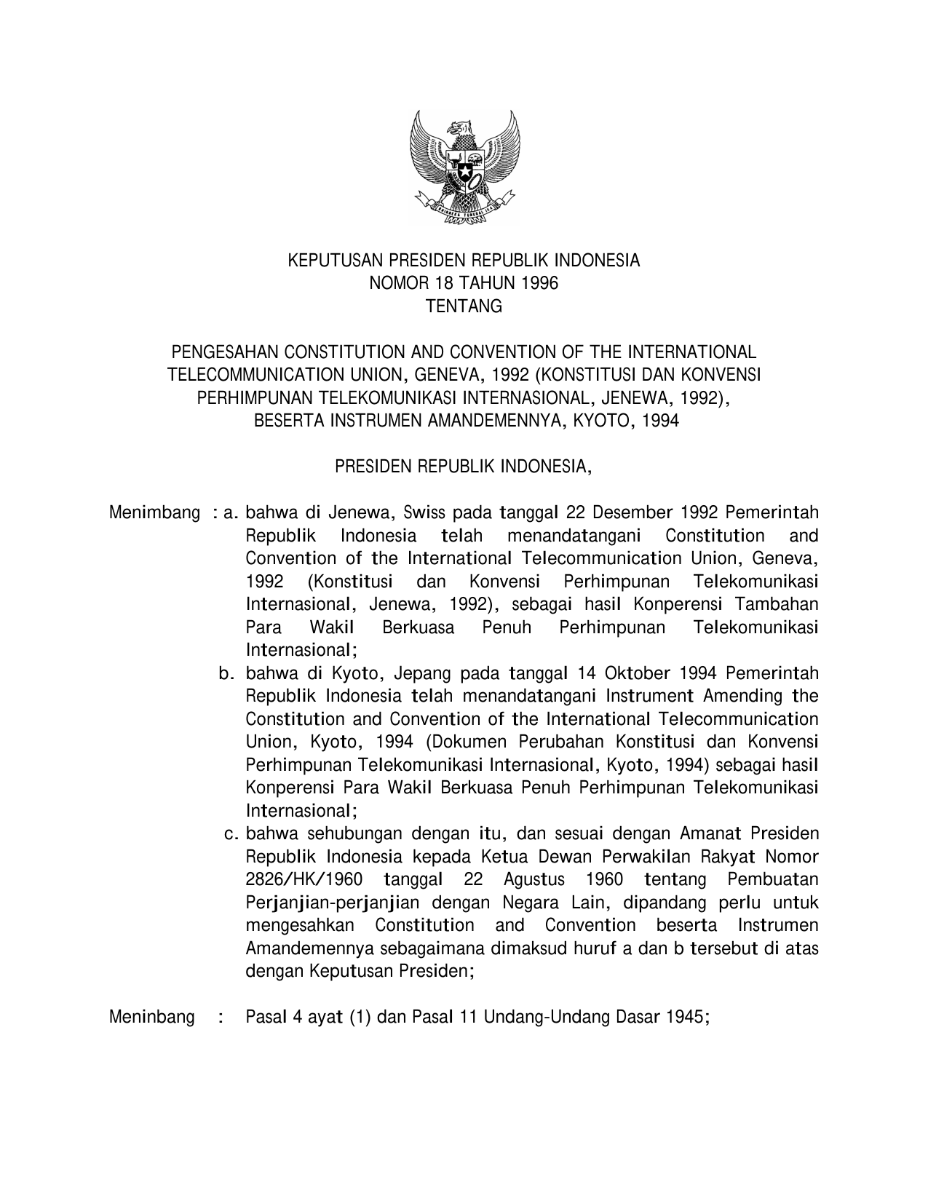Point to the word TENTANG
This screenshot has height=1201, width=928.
coord(464,307)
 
